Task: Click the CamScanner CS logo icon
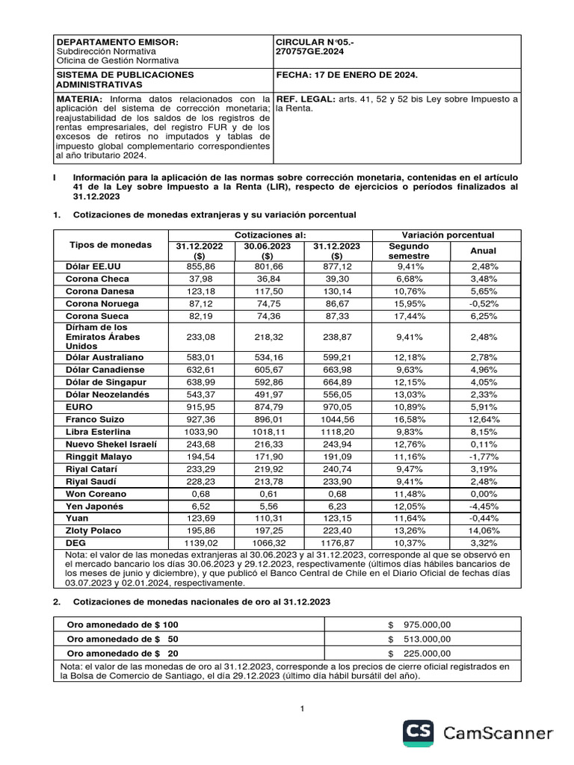pyautogui.click(x=420, y=733)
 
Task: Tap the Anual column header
pyautogui.click(x=482, y=251)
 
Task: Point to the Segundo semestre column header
pyautogui.click(x=409, y=250)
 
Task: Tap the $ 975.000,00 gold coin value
pyautogui.click(x=419, y=625)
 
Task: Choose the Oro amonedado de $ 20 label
pyautogui.click(x=123, y=653)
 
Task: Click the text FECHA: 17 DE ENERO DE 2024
pyautogui.click(x=347, y=75)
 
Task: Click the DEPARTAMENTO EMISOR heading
pyautogui.click(x=118, y=42)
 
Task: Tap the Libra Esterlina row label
pyautogui.click(x=98, y=432)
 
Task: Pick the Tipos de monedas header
pyautogui.click(x=110, y=245)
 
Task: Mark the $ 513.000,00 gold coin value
pyautogui.click(x=419, y=639)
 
